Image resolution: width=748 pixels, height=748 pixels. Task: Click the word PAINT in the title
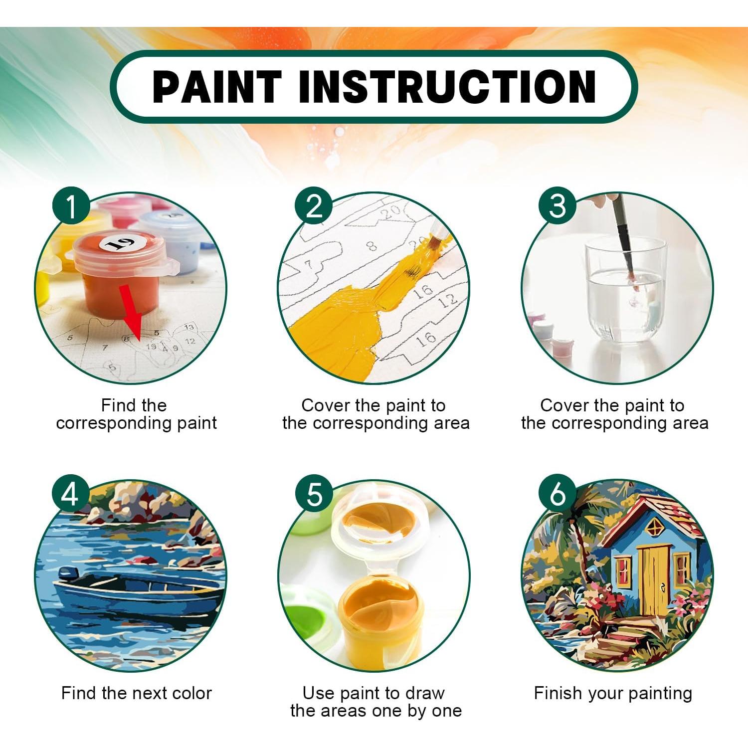[x=216, y=87]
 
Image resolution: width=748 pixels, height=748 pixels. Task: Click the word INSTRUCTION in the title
[x=447, y=87]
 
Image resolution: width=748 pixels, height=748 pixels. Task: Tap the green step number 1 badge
[x=71, y=205]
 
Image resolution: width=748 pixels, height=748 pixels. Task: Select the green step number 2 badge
[x=314, y=205]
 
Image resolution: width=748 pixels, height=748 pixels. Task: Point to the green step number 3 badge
[x=557, y=205]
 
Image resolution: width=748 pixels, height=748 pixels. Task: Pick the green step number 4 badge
[x=70, y=493]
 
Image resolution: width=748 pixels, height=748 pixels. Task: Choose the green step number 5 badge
[x=314, y=493]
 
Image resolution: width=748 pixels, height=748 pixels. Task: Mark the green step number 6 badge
[x=557, y=493]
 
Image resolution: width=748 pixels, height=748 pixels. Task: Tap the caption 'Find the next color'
[x=136, y=693]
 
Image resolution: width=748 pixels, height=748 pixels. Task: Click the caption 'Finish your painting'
[x=613, y=693]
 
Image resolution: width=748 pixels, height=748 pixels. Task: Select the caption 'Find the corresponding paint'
[x=136, y=414]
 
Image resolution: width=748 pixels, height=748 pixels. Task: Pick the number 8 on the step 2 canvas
[x=372, y=246]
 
